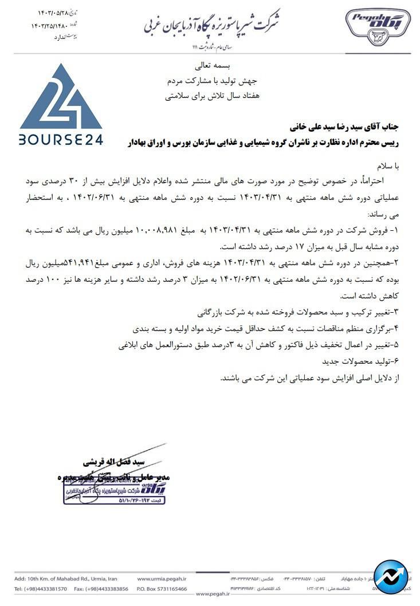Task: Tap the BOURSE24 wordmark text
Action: pyautogui.click(x=61, y=139)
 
